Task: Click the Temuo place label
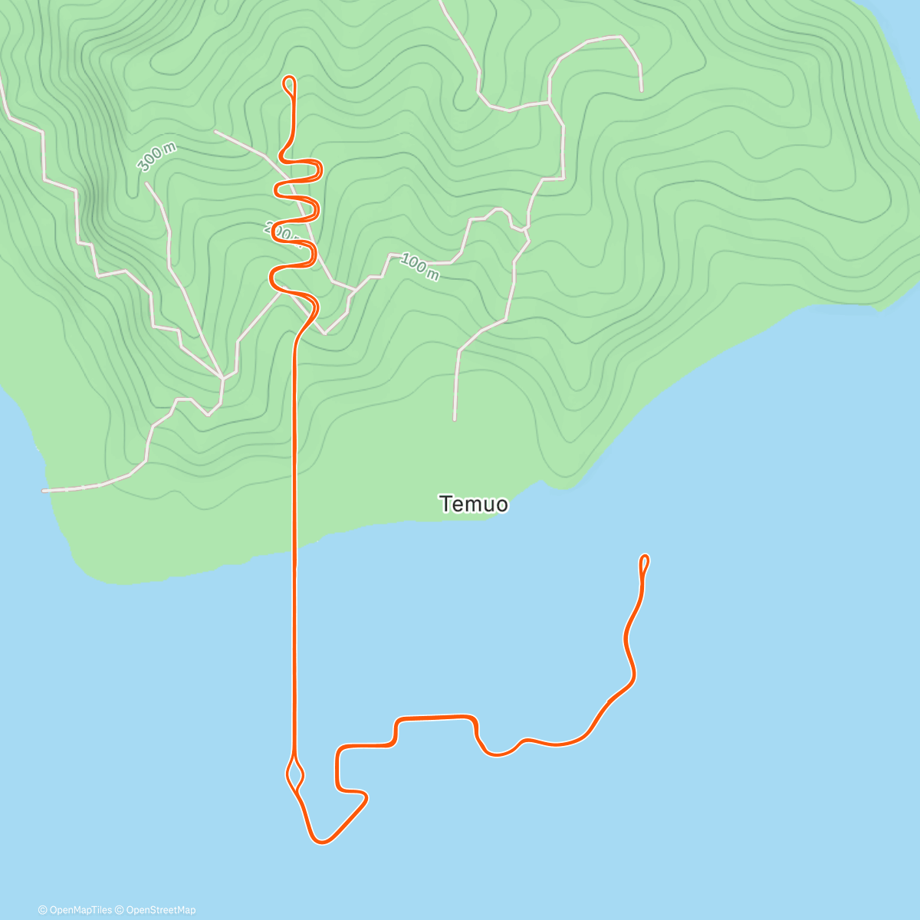click(x=473, y=504)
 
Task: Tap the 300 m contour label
click(x=156, y=158)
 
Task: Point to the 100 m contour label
click(x=419, y=267)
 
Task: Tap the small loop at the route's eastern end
click(x=644, y=563)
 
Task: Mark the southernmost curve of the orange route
click(x=322, y=842)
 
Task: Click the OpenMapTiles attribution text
click(x=75, y=910)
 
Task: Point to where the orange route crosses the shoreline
click(x=294, y=546)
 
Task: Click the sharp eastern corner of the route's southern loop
click(x=366, y=799)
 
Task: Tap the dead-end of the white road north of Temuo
click(x=455, y=419)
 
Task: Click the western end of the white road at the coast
click(x=44, y=490)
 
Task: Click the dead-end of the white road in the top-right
click(x=641, y=90)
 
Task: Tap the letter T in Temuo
click(x=445, y=504)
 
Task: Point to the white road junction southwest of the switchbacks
click(x=222, y=378)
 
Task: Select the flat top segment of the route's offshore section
click(x=433, y=718)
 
